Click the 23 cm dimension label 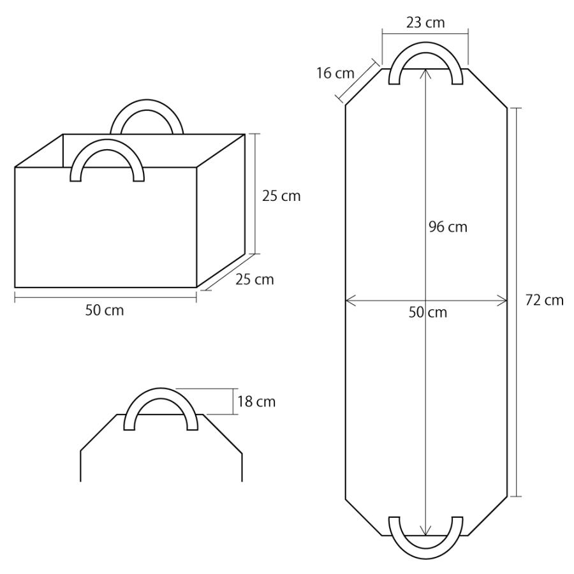[425, 22]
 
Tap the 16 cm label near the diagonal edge [335, 73]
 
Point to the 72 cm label [544, 300]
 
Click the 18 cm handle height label [256, 402]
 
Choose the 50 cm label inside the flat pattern [427, 313]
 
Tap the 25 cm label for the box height [281, 196]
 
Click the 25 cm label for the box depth [254, 279]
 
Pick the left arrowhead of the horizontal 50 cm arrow [349, 300]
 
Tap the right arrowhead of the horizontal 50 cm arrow [503, 300]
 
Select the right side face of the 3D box [221, 210]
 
